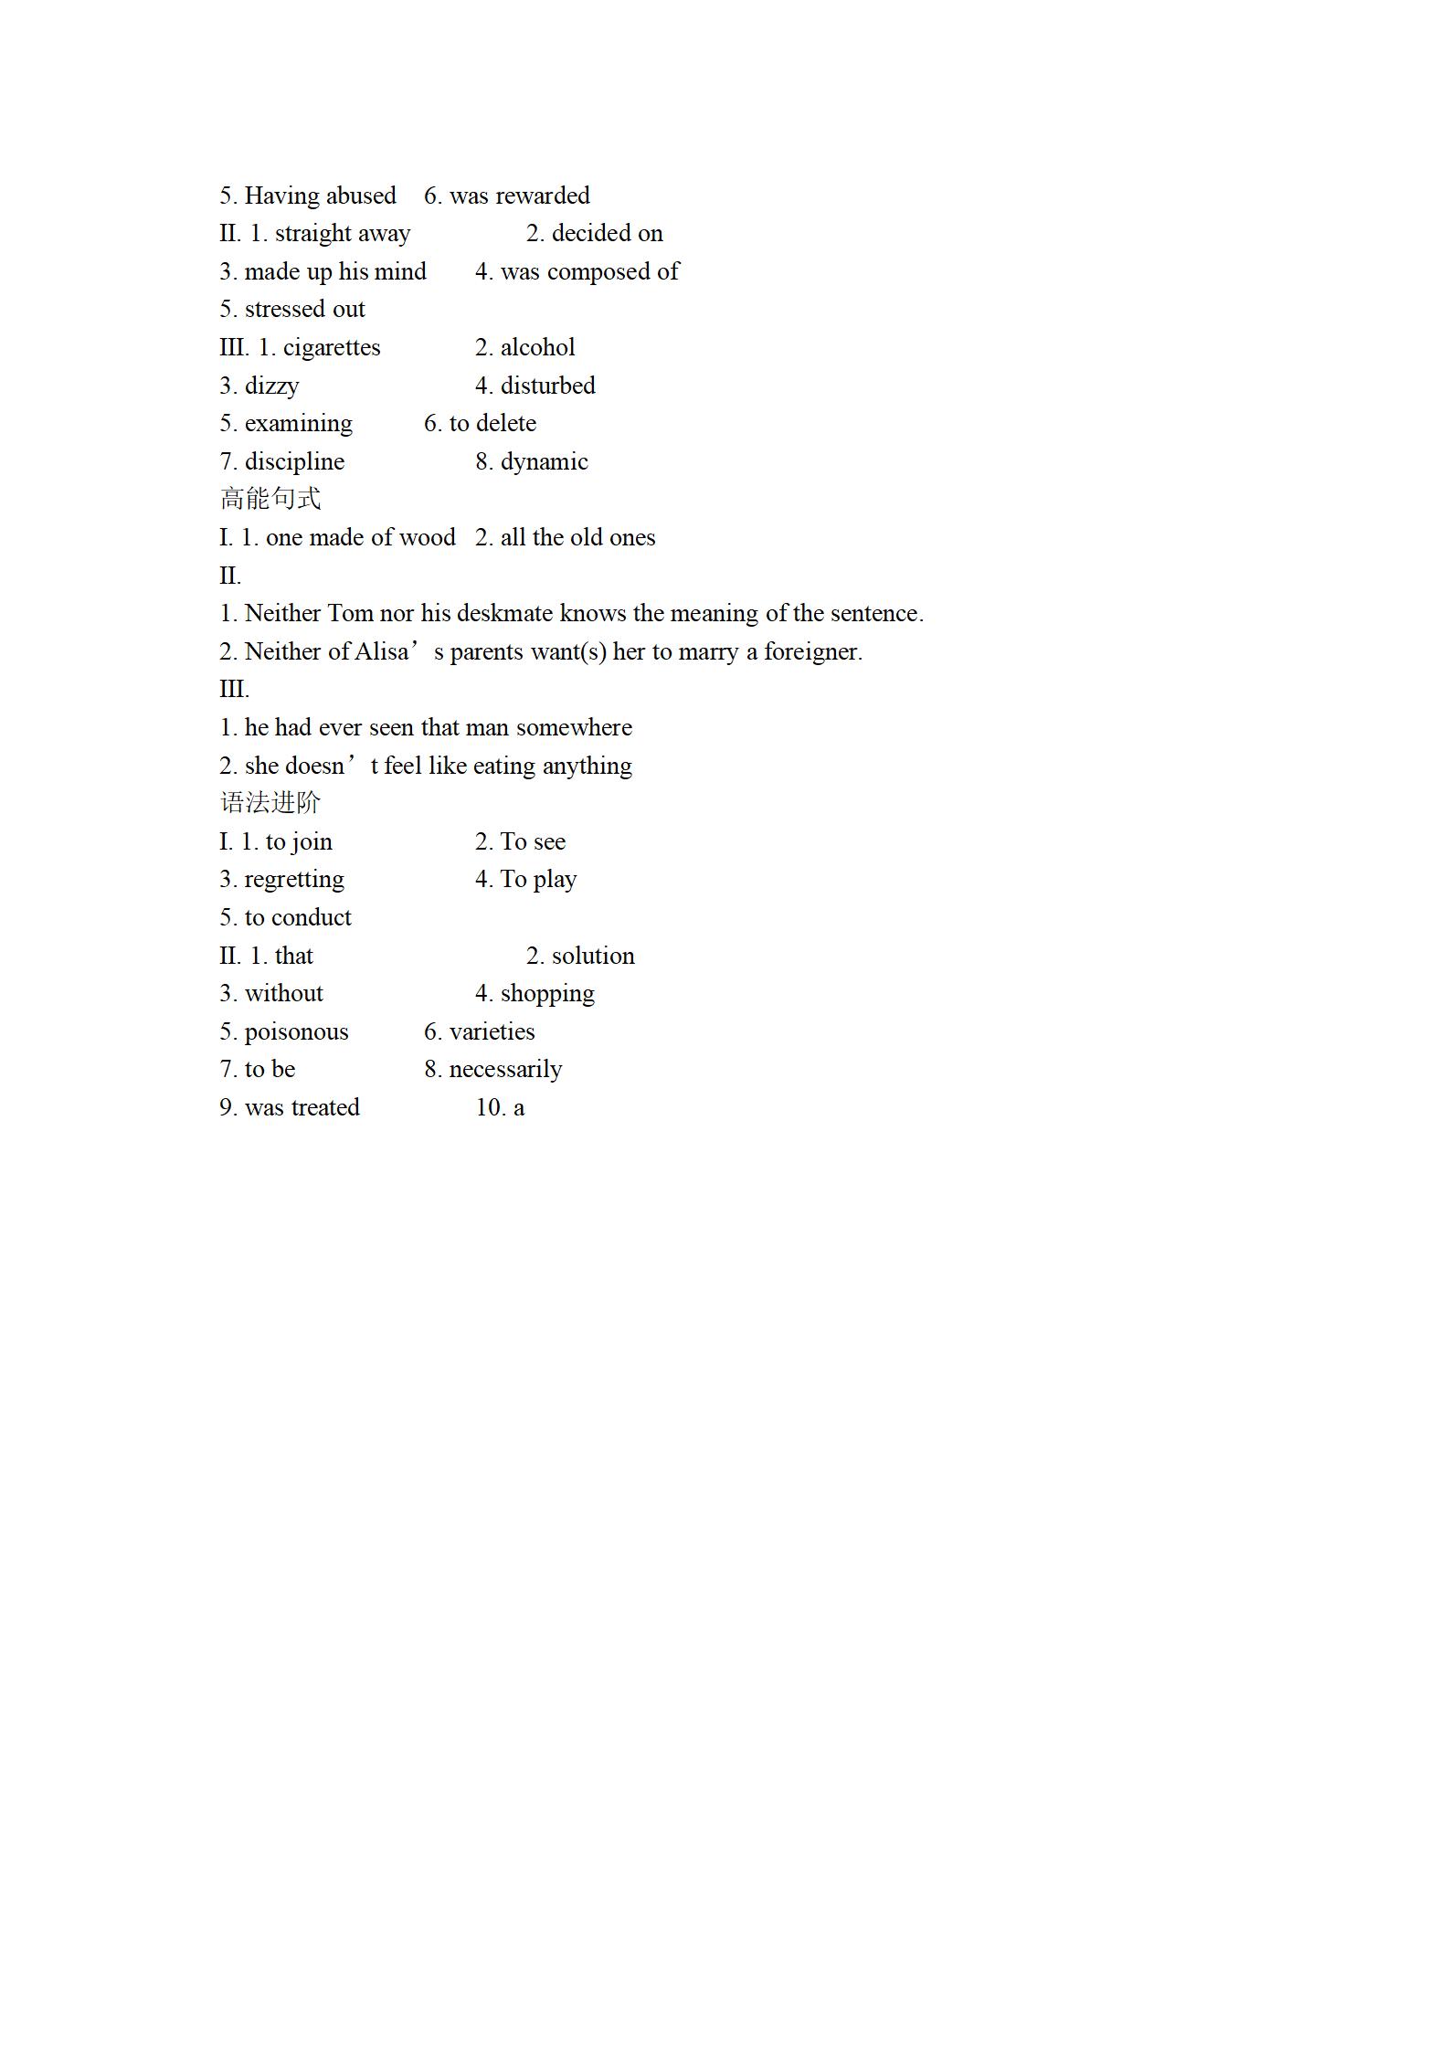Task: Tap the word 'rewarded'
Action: tap(542, 196)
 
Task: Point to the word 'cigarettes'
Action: tap(332, 348)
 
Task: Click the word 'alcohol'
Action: tap(537, 348)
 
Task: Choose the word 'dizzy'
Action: tap(271, 386)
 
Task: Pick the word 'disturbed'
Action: tap(547, 386)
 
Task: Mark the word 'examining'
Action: tap(298, 424)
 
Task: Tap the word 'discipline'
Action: tap(294, 462)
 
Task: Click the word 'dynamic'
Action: tap(544, 462)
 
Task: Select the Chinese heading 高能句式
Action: tap(270, 499)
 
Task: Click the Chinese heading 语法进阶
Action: tap(270, 803)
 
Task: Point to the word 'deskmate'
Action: tap(504, 613)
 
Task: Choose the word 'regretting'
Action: tap(294, 880)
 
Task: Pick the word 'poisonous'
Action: tap(296, 1032)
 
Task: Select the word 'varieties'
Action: tap(492, 1032)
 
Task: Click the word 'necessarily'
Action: tap(505, 1070)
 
